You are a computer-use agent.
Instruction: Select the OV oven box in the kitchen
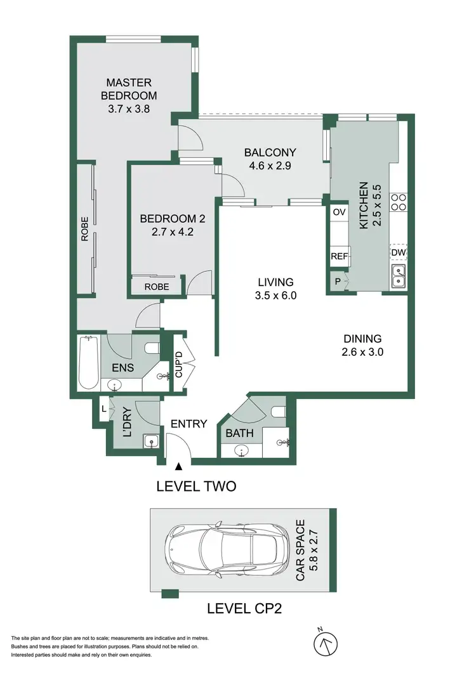(x=339, y=212)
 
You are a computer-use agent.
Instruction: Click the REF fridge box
(x=339, y=257)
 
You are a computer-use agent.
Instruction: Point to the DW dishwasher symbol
(x=398, y=253)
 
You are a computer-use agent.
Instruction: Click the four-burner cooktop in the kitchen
(x=398, y=202)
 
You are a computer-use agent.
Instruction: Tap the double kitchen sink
(x=398, y=277)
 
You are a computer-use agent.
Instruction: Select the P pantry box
(x=337, y=281)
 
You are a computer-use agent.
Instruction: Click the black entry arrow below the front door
(x=179, y=466)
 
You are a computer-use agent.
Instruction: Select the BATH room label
(x=240, y=434)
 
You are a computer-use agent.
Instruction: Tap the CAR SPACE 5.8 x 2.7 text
(x=306, y=548)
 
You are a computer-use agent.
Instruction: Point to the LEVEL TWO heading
(x=196, y=487)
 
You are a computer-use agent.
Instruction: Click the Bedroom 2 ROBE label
(x=156, y=287)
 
